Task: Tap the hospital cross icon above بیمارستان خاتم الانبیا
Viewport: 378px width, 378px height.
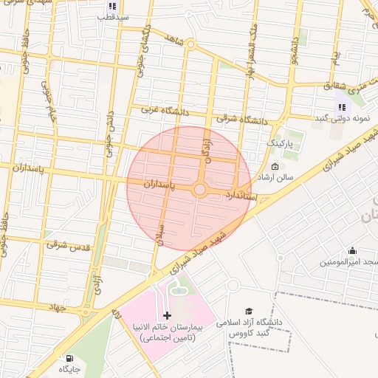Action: coord(167,315)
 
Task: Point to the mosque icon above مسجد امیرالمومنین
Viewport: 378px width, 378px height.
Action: coord(351,251)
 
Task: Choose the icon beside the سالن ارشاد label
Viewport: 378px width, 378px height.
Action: coord(275,166)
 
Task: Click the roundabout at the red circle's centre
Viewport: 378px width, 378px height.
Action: coord(199,190)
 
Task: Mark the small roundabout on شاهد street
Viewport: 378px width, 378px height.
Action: coord(190,45)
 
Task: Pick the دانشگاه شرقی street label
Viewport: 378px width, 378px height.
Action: coord(244,117)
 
